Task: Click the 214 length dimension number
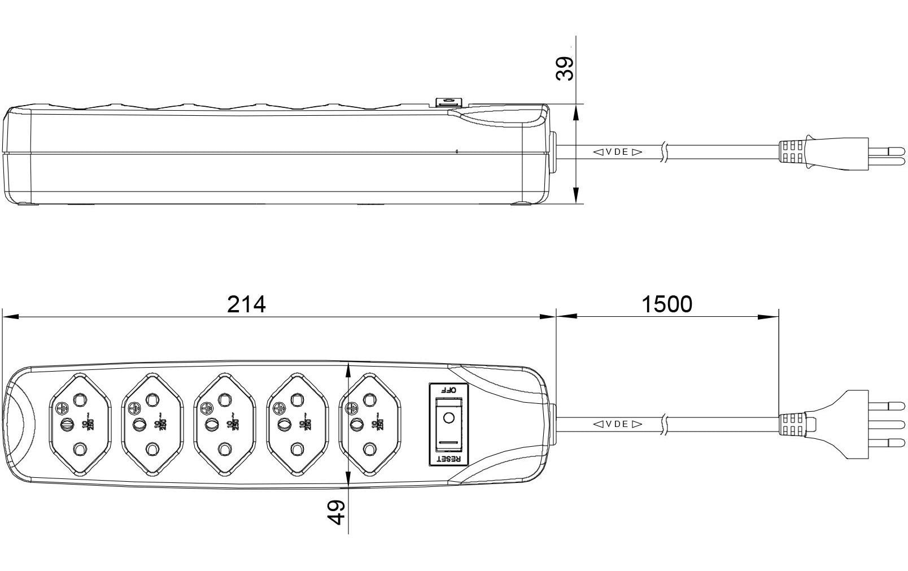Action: coord(246,305)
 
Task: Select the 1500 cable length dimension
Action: coord(667,305)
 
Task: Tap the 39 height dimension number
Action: coord(565,68)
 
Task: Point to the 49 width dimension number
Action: coord(337,512)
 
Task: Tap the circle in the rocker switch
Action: coord(449,419)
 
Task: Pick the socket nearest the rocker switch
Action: coord(369,424)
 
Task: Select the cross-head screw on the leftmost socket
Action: coord(62,406)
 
